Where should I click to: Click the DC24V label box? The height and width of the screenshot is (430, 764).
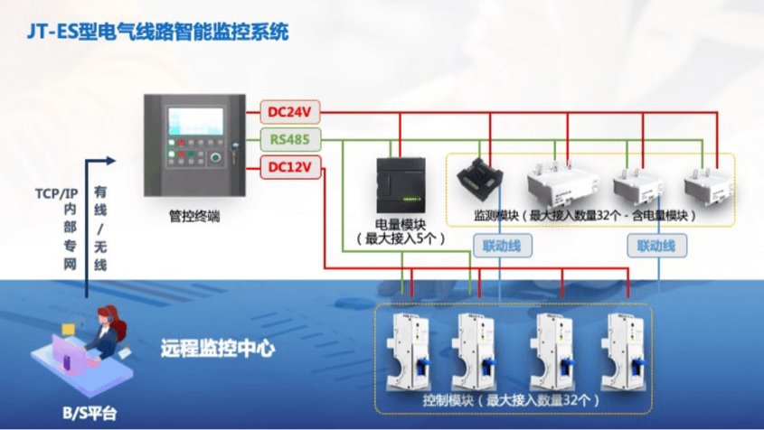point(289,112)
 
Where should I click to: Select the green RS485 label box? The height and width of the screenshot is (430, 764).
point(289,140)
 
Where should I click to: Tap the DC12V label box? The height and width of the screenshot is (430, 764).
point(289,167)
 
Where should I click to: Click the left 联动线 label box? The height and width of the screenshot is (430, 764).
point(503,245)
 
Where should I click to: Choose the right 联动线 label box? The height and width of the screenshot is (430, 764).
point(656,245)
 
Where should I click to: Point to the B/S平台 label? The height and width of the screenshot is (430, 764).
point(89,414)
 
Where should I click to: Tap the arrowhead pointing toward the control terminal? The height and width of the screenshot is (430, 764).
point(110,161)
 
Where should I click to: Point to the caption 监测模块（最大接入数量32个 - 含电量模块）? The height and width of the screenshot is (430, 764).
point(585,217)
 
